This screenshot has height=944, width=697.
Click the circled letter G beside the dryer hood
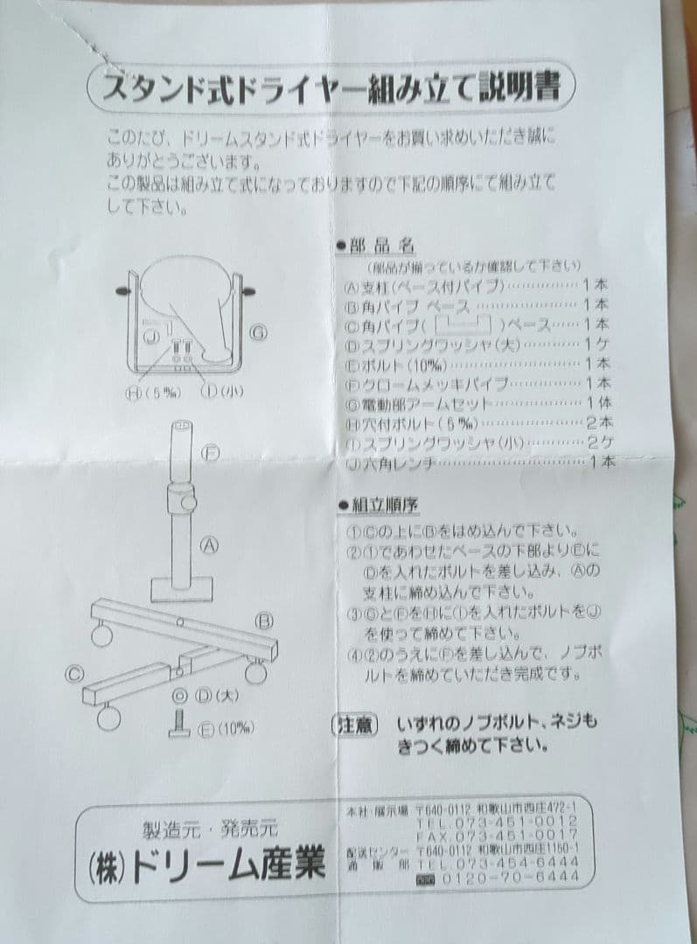258,332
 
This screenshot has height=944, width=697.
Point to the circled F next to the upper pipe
209,452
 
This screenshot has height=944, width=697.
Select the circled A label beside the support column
209,545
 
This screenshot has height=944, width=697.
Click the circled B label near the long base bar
265,620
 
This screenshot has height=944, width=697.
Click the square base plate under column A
181,588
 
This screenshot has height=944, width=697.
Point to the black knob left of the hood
124,289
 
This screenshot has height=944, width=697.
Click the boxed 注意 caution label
355,725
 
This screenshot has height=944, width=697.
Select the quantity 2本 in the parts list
598,421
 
